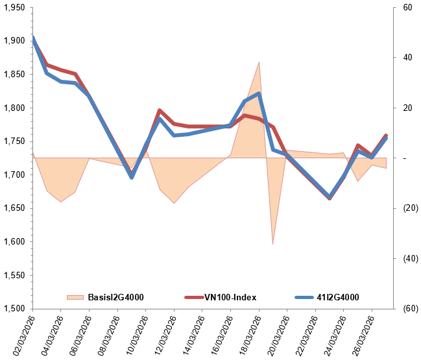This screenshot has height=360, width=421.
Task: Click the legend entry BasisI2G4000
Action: (115, 297)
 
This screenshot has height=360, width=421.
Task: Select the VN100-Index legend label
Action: (230, 297)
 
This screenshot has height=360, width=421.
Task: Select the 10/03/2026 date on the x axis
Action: (135, 333)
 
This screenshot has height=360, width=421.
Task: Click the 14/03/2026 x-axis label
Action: (191, 333)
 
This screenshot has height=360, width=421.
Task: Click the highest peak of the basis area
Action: (259, 62)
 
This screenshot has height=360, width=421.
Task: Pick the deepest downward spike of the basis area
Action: (272, 244)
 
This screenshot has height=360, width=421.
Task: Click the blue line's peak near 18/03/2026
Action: (259, 93)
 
